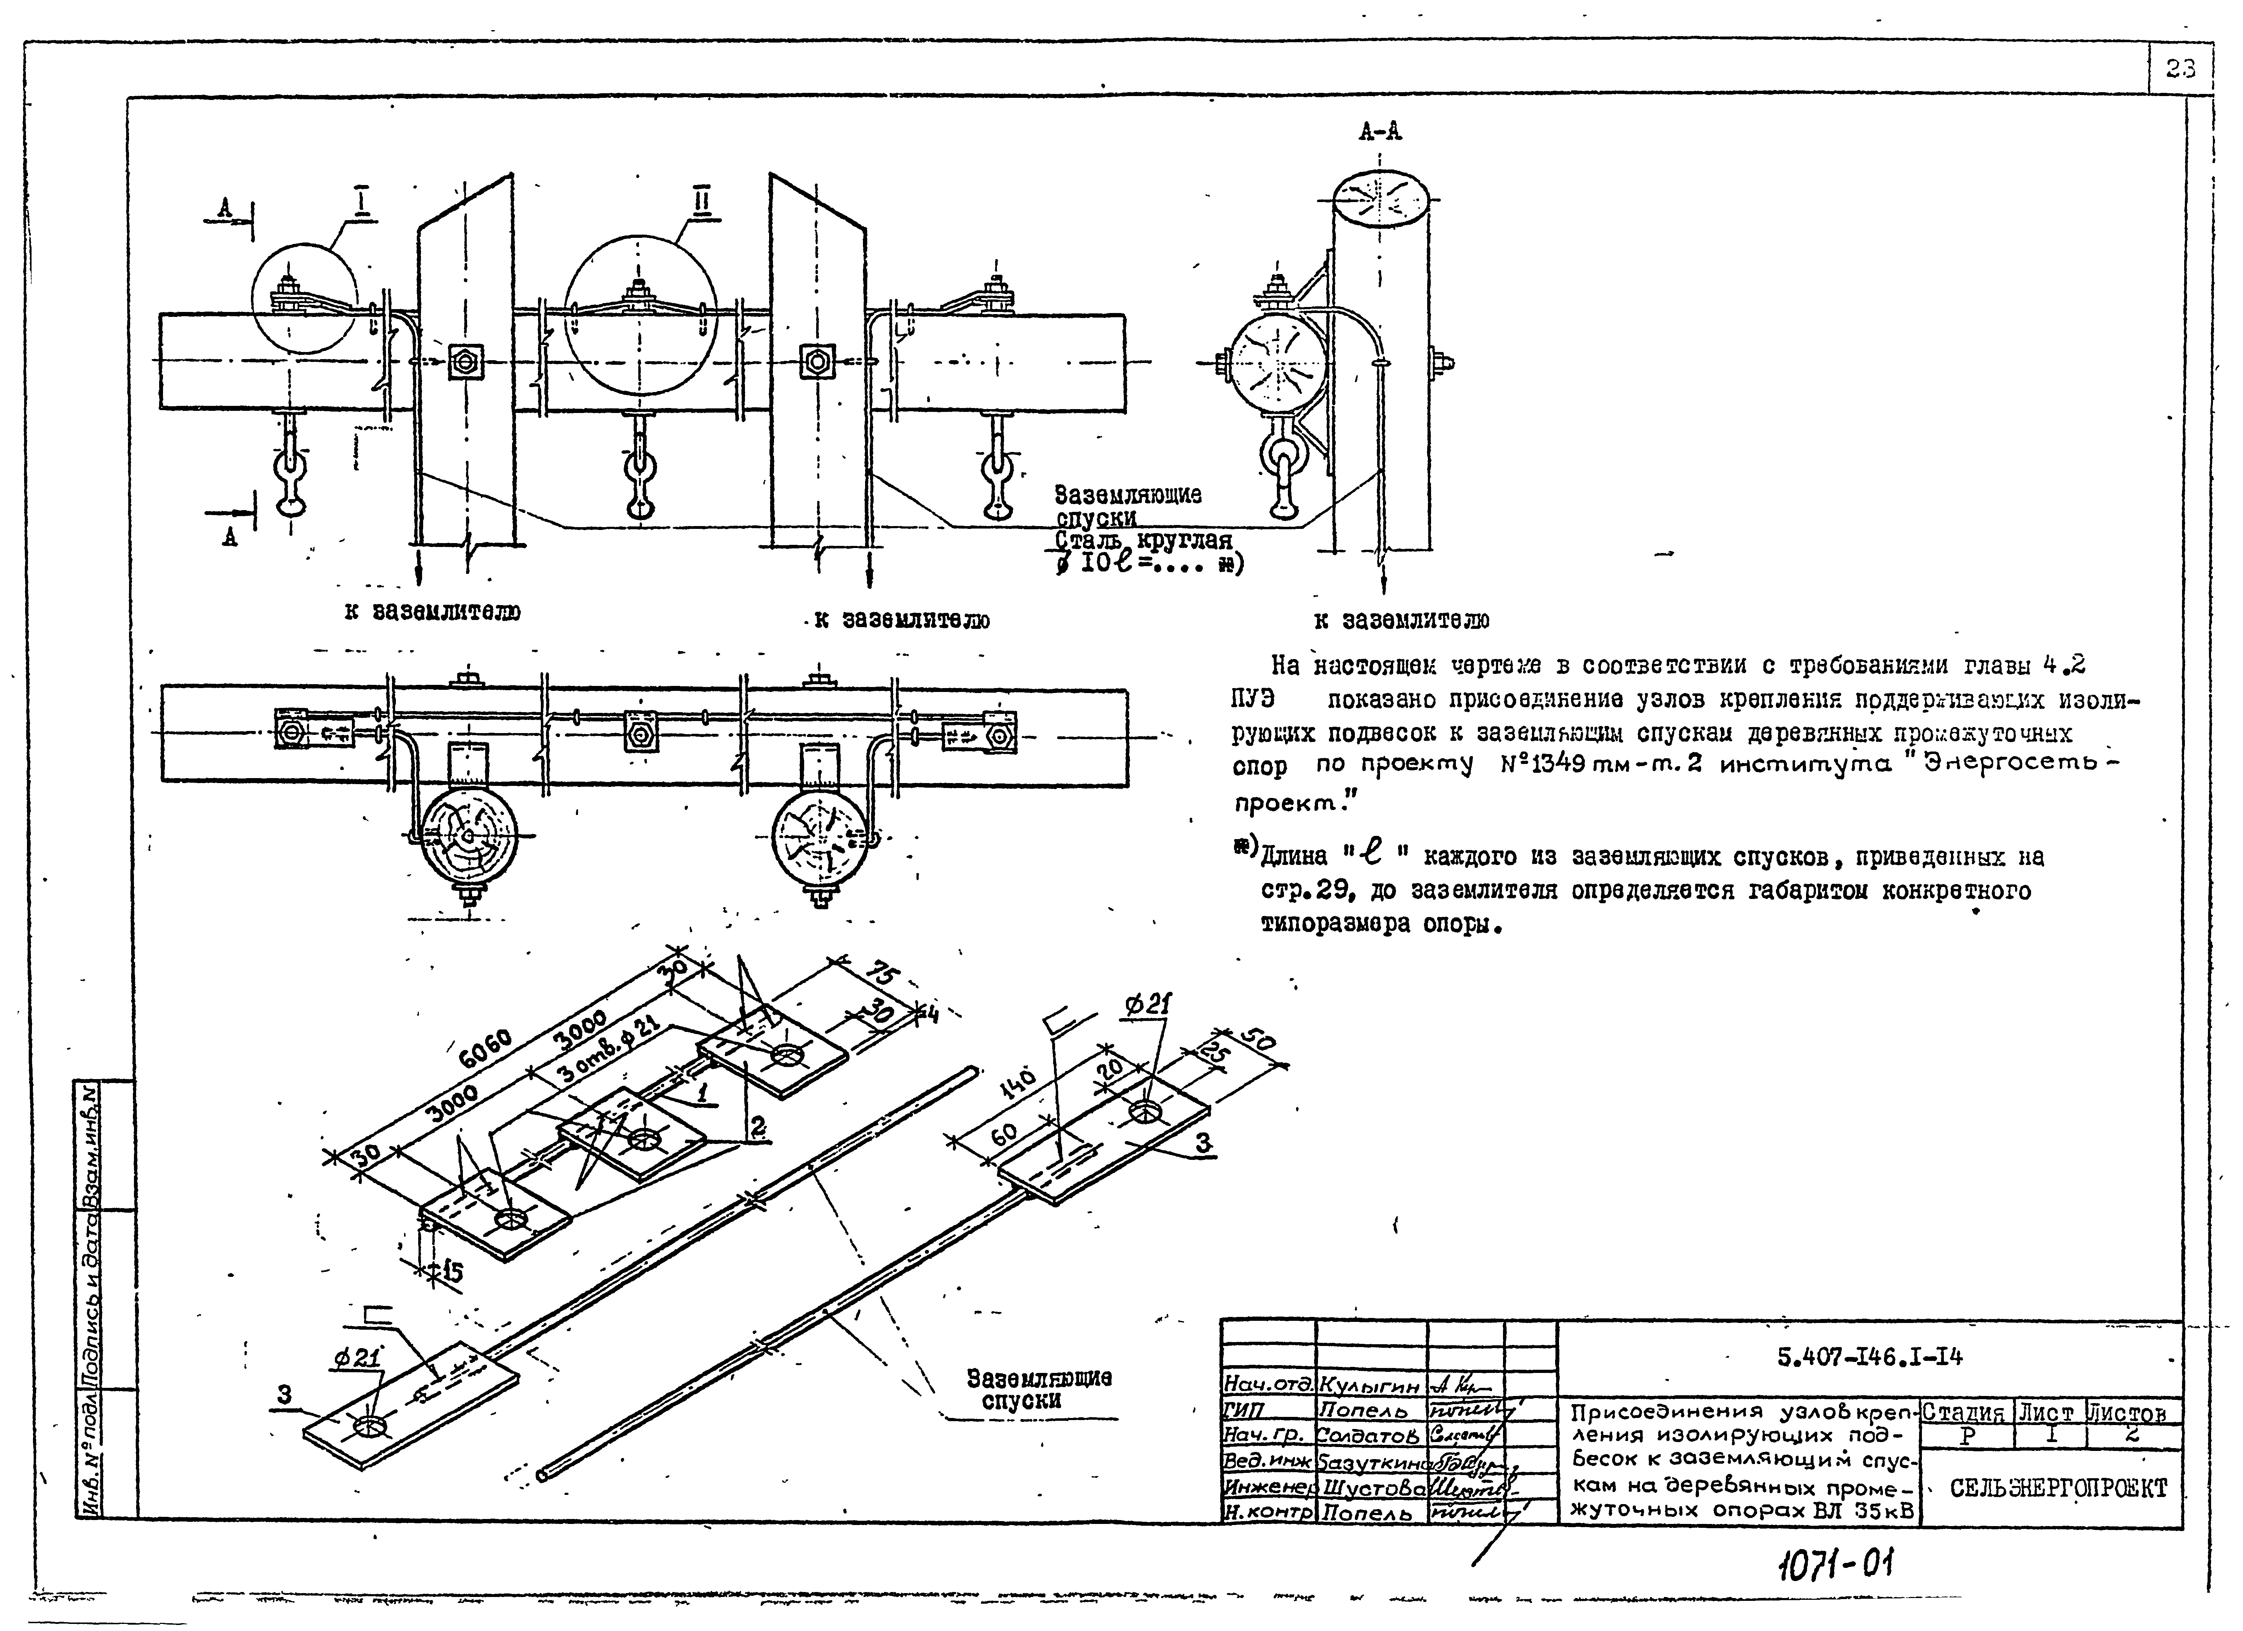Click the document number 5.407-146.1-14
1869,1357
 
